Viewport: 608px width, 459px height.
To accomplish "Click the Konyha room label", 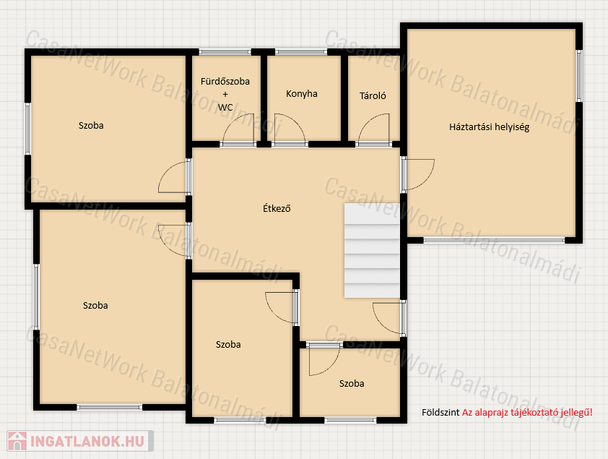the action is click(302, 94).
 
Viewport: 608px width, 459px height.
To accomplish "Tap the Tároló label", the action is click(373, 96).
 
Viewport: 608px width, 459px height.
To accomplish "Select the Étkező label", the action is click(277, 208).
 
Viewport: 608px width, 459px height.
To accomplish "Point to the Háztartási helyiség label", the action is click(490, 127).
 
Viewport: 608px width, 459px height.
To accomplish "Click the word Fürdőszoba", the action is click(225, 82).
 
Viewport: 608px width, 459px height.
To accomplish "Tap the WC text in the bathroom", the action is click(225, 108).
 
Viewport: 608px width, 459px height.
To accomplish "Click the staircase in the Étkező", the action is click(372, 251).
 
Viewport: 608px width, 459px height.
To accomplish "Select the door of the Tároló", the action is click(373, 129).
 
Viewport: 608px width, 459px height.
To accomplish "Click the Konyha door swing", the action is click(290, 129).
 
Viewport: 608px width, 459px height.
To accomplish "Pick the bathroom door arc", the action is click(238, 129).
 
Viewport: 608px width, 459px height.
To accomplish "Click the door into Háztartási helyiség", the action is click(418, 175).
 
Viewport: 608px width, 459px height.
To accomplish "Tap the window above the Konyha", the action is click(301, 51).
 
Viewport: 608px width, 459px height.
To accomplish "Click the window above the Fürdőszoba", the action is click(225, 51).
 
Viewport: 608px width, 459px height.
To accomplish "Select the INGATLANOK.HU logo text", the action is click(87, 442).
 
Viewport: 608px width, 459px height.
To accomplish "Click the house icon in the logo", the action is click(17, 441).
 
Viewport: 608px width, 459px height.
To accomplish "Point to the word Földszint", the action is click(440, 413).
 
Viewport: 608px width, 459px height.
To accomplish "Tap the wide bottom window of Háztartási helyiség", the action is click(494, 240).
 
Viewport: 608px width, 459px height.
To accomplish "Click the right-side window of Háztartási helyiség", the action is click(579, 76).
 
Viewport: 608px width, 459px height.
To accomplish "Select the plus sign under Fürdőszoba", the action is click(225, 94).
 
